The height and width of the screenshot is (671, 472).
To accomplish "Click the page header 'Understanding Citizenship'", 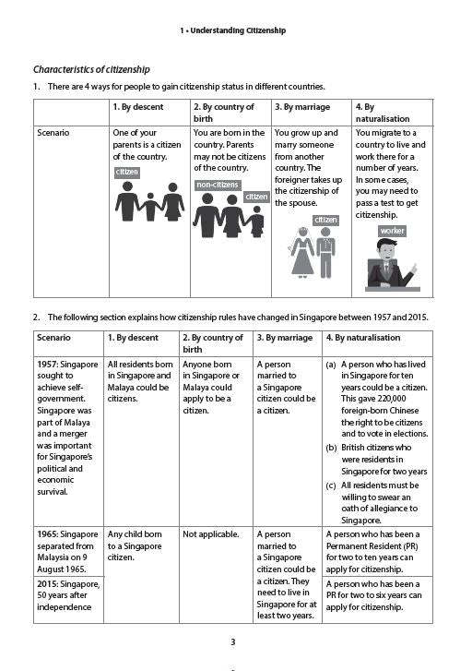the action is point(236,30).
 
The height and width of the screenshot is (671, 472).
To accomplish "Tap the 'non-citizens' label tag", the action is point(218,186).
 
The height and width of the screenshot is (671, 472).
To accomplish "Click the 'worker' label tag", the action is point(392,231).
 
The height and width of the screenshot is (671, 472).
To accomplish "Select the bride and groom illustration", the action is point(313,252).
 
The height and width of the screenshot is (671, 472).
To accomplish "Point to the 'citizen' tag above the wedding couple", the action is point(325,220).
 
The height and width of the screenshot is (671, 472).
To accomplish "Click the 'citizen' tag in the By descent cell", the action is point(126,173).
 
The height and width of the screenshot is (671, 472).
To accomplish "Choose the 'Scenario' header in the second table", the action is point(55,338).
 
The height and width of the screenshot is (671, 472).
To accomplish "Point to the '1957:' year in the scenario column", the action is point(50,365).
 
